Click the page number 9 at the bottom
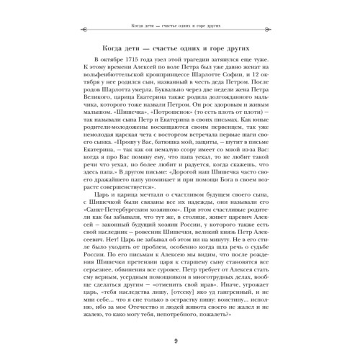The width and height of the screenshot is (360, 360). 179,341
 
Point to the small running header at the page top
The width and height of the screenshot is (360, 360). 179,9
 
